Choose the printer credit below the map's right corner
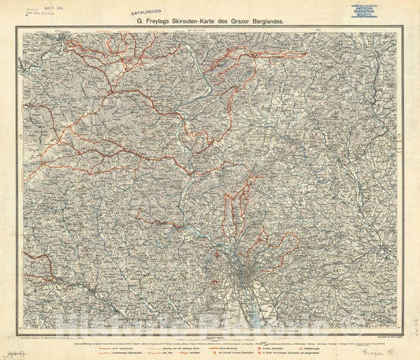(379, 315)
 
